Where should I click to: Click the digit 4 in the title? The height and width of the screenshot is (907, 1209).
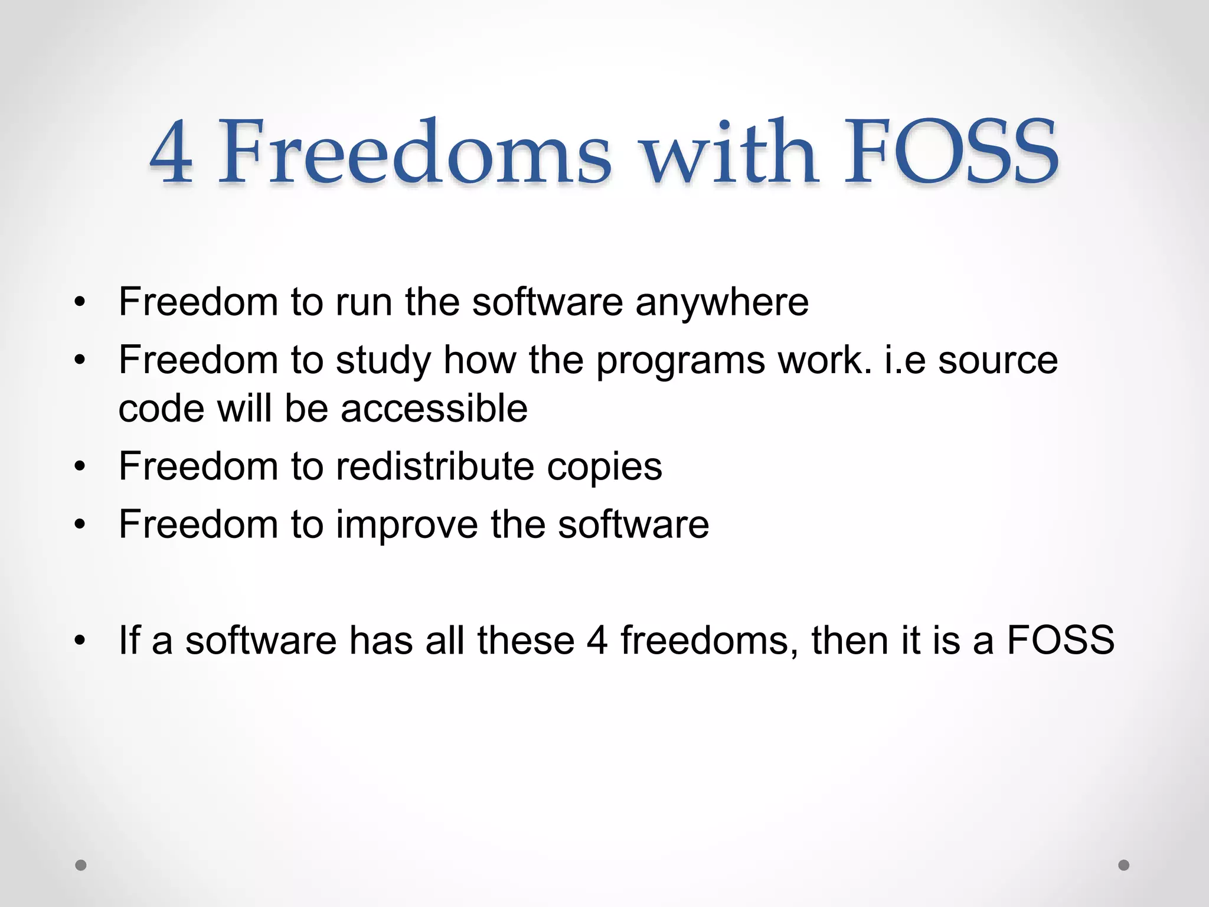pyautogui.click(x=171, y=152)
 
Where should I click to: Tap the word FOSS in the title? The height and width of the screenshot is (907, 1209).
pyautogui.click(x=951, y=152)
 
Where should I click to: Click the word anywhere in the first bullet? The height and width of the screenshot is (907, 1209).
pyautogui.click(x=721, y=303)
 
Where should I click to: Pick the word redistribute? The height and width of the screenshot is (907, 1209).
pyautogui.click(x=434, y=466)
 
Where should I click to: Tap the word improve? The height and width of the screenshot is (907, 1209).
pyautogui.click(x=407, y=525)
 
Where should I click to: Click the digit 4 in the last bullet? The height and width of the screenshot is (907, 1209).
pyautogui.click(x=597, y=641)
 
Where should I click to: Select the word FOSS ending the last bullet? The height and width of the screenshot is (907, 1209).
pyautogui.click(x=1060, y=641)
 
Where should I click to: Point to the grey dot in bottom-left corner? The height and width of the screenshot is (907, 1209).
pyautogui.click(x=81, y=865)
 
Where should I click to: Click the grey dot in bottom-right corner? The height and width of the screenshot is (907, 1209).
pyautogui.click(x=1124, y=865)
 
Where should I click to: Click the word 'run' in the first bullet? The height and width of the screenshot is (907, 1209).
pyautogui.click(x=364, y=303)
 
